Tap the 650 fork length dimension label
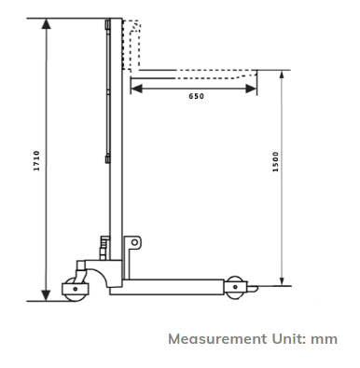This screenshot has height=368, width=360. point(195,97)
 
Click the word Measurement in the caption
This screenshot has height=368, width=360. point(215,339)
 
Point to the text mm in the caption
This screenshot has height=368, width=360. point(325,339)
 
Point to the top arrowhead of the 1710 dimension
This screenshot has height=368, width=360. point(46,22)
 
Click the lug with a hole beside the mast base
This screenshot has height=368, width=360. point(134,243)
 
